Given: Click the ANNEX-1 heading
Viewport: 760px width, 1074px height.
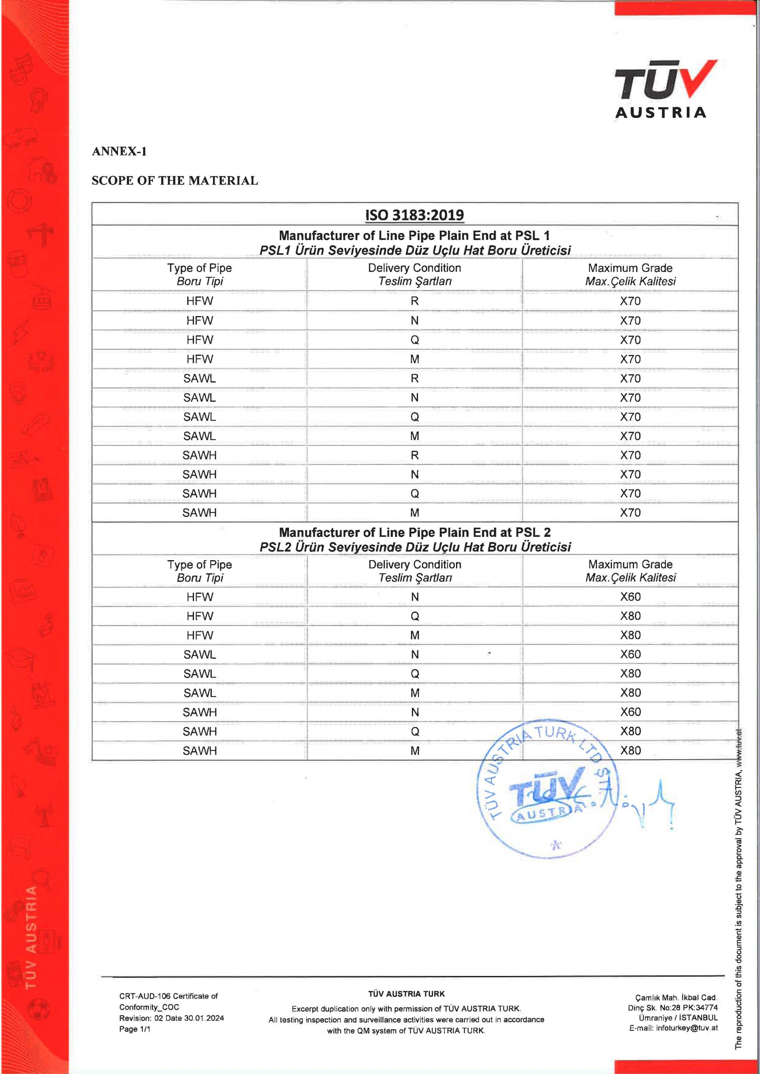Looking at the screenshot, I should (119, 152).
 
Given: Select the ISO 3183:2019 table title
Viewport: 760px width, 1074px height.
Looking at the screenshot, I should (414, 215).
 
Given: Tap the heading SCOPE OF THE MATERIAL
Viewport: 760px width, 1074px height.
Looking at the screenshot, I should (175, 180).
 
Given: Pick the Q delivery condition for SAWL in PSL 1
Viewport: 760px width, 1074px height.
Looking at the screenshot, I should (414, 417).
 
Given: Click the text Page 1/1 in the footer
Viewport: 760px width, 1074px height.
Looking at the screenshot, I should (135, 1029).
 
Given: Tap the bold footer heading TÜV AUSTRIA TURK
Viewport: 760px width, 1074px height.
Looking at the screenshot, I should (406, 994).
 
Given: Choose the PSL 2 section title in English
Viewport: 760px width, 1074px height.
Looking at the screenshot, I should (414, 532).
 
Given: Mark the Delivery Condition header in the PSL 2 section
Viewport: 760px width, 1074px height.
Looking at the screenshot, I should (414, 564).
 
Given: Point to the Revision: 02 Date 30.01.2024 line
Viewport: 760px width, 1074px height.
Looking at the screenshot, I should (171, 1018).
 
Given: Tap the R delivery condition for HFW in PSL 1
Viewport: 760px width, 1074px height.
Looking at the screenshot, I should (414, 301).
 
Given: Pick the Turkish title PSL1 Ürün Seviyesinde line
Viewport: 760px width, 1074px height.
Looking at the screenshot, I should (414, 250).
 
